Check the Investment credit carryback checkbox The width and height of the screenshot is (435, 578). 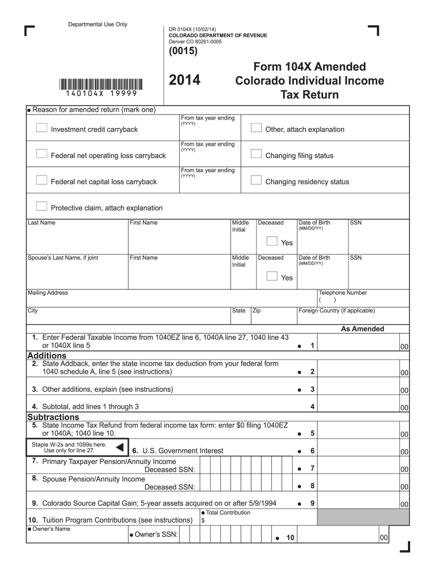41,128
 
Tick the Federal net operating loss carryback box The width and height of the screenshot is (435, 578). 41,154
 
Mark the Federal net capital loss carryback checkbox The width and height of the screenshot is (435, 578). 41,180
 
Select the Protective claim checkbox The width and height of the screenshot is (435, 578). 41,206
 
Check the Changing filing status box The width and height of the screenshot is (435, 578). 256,154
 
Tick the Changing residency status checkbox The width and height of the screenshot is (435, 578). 256,180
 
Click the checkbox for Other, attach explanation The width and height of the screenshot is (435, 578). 256,128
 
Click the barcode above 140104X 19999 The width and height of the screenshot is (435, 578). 100,84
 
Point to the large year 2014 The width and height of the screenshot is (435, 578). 185,81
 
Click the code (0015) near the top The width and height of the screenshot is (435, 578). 183,51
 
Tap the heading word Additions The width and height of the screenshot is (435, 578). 47,356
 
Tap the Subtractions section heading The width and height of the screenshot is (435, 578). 54,417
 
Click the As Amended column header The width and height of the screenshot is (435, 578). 362,329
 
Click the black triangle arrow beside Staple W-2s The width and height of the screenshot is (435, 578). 119,448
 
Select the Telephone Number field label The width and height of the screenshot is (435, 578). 343,293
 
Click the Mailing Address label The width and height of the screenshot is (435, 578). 48,293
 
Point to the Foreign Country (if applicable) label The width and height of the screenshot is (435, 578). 337,310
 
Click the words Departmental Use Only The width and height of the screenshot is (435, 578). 98,24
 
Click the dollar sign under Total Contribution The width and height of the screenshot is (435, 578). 203,520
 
